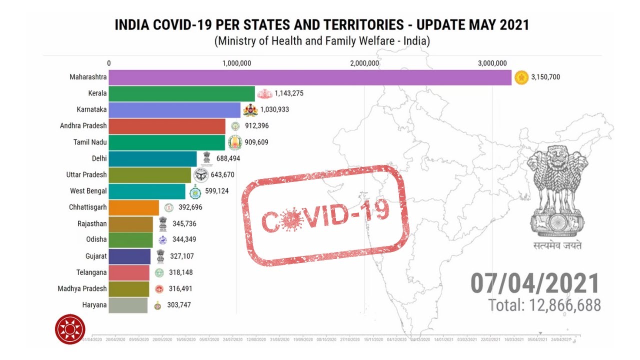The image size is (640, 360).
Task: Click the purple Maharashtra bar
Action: coord(310,77)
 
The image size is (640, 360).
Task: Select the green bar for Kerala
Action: coord(182,93)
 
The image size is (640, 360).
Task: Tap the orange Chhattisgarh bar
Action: coord(133,207)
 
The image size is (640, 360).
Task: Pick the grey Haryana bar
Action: coord(128,305)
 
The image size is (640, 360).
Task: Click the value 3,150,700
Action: coord(549,77)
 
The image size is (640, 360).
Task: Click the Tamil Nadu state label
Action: coord(90,142)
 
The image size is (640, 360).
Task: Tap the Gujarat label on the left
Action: coord(96,256)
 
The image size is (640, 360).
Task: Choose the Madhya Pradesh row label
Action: coord(82,288)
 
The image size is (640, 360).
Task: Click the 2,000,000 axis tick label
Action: coord(364,63)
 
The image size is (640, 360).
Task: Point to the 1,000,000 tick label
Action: coord(236,63)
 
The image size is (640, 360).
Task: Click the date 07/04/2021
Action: coord(534,283)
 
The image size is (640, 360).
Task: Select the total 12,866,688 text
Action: coord(544,305)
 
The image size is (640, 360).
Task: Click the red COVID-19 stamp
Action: coord(325,215)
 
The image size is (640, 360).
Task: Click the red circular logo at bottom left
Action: coord(70,329)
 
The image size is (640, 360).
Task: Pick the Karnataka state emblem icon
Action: coord(250,109)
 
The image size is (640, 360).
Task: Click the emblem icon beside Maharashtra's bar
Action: coord(522,77)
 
